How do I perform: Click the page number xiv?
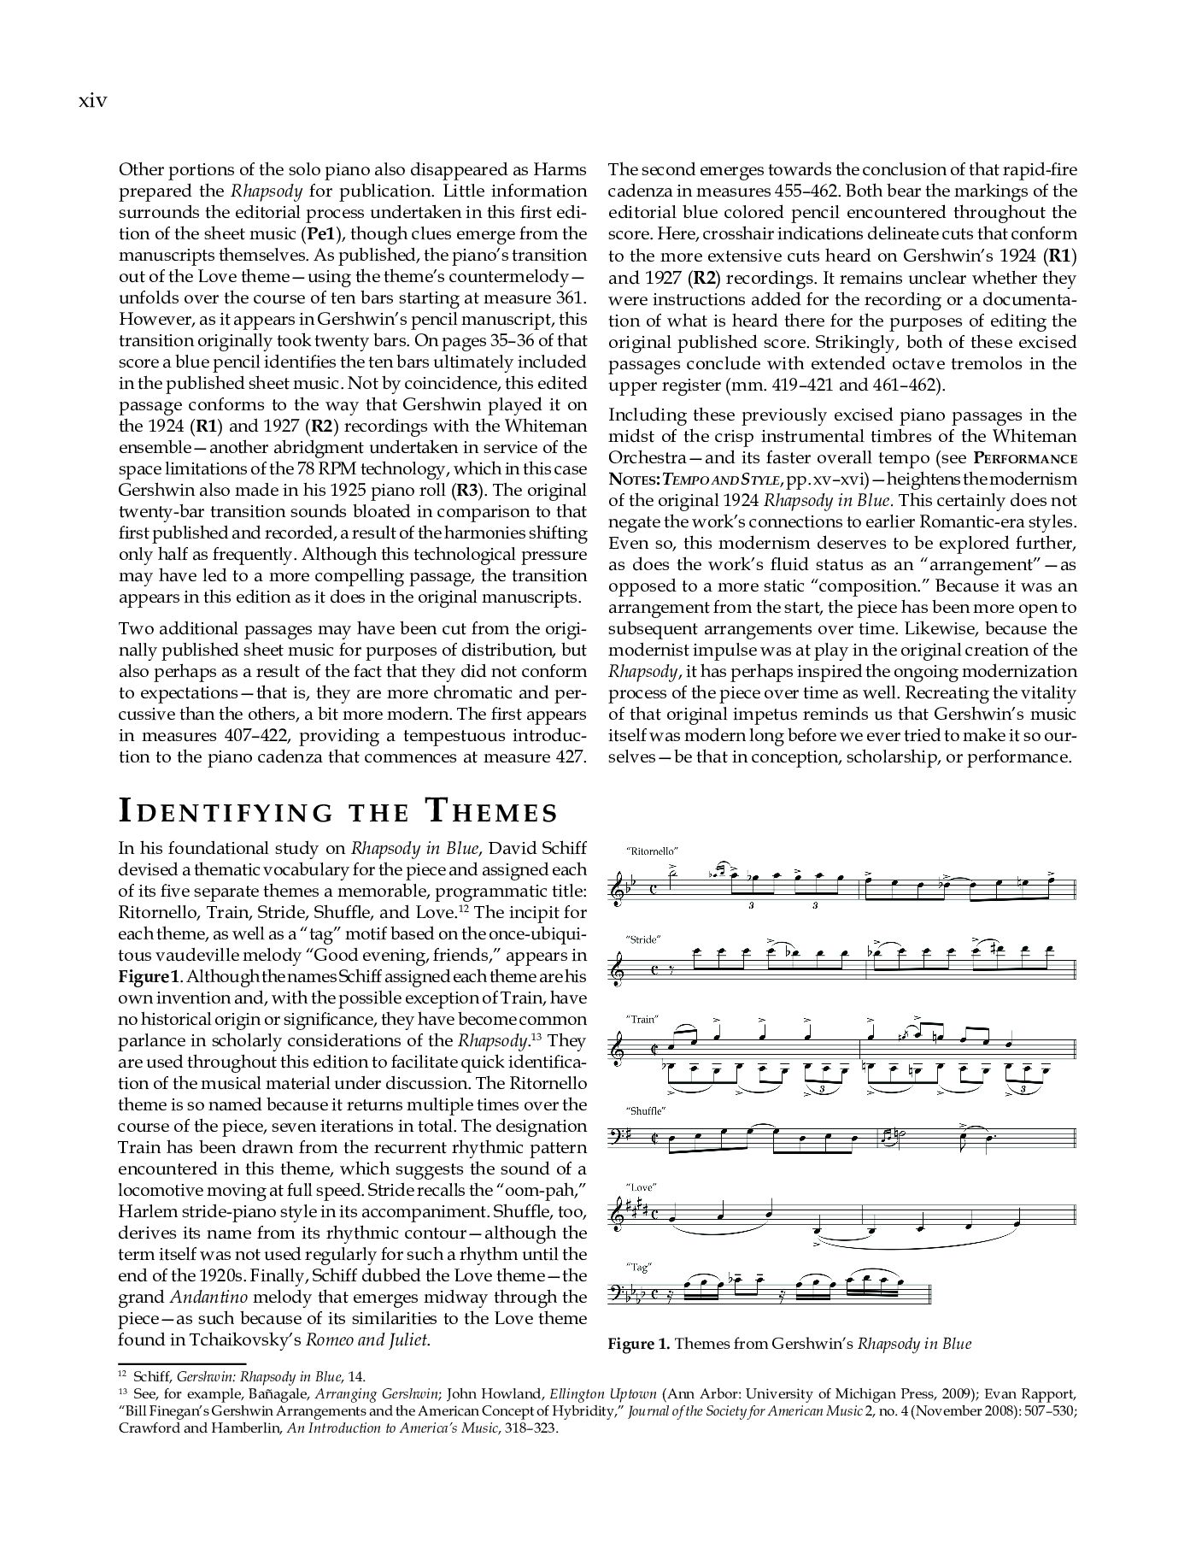tap(92, 101)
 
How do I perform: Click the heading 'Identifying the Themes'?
tap(337, 810)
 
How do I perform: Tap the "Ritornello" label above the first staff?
tap(652, 851)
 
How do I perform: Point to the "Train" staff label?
tap(642, 1019)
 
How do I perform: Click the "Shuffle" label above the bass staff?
tap(646, 1110)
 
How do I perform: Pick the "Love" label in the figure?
tap(641, 1187)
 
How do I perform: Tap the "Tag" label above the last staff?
tap(638, 1267)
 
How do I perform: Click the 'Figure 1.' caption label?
tap(639, 1344)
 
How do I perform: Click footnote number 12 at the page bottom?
tap(121, 1374)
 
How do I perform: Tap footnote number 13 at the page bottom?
tap(121, 1390)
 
